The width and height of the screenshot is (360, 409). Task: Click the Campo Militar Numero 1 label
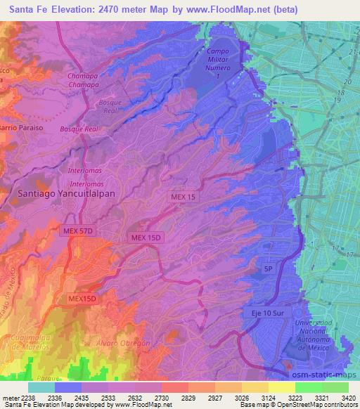(223, 63)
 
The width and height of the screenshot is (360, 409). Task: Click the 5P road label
(267, 268)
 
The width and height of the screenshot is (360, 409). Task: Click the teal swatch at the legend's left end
(41, 387)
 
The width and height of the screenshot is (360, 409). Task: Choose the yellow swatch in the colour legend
(281, 387)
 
